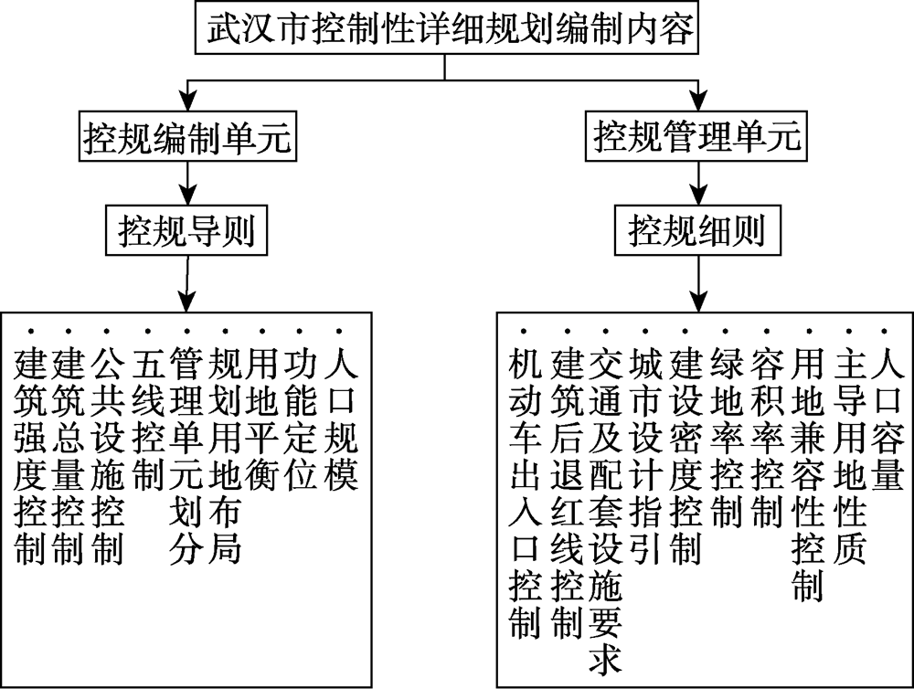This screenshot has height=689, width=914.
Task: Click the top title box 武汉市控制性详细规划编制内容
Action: click(x=447, y=28)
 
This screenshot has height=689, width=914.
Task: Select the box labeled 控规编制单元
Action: click(x=187, y=138)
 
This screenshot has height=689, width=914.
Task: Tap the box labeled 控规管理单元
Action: click(x=696, y=136)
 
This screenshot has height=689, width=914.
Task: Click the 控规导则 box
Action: click(x=186, y=230)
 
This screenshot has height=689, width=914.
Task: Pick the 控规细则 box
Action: click(x=697, y=229)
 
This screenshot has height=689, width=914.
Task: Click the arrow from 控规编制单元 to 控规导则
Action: click(x=187, y=183)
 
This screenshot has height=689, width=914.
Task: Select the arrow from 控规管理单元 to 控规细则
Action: click(x=698, y=183)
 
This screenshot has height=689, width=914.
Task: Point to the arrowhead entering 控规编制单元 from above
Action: click(x=187, y=102)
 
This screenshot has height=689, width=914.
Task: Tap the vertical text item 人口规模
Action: click(x=340, y=419)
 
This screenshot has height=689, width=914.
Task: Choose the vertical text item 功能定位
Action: click(x=301, y=419)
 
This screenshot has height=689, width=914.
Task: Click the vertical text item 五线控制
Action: click(x=148, y=419)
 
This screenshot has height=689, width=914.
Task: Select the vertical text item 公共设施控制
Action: click(x=108, y=456)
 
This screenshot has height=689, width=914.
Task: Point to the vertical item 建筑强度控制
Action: click(x=30, y=456)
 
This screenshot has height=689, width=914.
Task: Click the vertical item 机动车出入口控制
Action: click(x=525, y=493)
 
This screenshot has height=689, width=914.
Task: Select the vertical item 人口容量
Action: click(x=887, y=419)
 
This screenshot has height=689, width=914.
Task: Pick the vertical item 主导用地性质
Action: click(x=849, y=456)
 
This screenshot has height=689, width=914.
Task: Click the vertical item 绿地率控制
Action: click(x=727, y=438)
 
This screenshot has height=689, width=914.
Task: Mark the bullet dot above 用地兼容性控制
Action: click(x=809, y=332)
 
